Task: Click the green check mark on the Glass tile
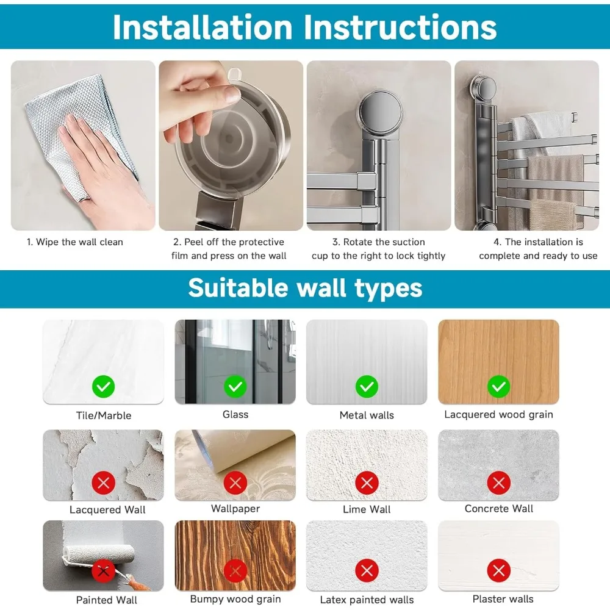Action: tap(235, 386)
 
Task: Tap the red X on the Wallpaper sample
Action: tap(235, 483)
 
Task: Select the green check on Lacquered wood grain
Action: tap(499, 386)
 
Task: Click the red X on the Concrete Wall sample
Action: tap(499, 483)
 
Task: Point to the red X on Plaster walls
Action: tap(499, 571)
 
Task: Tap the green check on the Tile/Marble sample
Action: tap(104, 386)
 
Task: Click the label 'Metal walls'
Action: tap(367, 415)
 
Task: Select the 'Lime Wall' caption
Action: tap(367, 509)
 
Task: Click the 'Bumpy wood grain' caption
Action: tap(235, 599)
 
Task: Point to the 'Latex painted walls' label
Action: tap(367, 600)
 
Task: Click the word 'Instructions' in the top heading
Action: tap(400, 27)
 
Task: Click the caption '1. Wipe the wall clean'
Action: tap(74, 242)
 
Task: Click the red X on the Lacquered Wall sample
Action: tap(104, 483)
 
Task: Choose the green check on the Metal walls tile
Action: tap(367, 386)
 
